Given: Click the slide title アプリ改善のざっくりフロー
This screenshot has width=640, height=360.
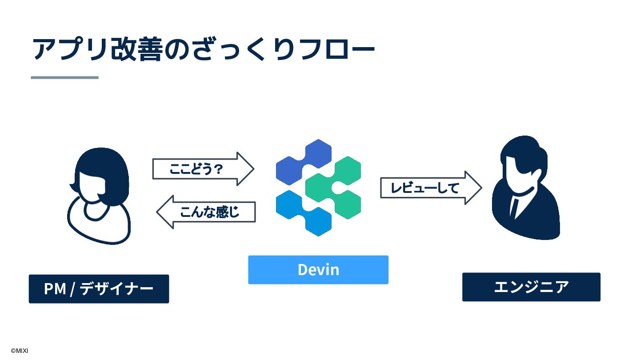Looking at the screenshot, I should point(204,49).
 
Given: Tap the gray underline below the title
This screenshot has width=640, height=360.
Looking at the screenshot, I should point(64,77).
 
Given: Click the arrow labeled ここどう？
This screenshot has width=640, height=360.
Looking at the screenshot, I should point(202,169).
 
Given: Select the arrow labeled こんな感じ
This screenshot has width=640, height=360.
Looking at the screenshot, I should point(207,212).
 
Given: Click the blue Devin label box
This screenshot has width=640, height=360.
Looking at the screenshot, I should point(318,270).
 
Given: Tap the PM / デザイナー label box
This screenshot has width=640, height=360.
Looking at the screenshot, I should point(99,289).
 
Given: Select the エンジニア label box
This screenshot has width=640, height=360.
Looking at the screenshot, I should point(531,287).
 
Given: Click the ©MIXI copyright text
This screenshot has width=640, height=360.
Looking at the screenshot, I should point(20,351).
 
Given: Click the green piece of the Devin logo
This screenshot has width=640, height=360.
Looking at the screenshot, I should point(336,187).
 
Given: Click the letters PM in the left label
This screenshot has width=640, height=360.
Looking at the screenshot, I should point(55,289).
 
